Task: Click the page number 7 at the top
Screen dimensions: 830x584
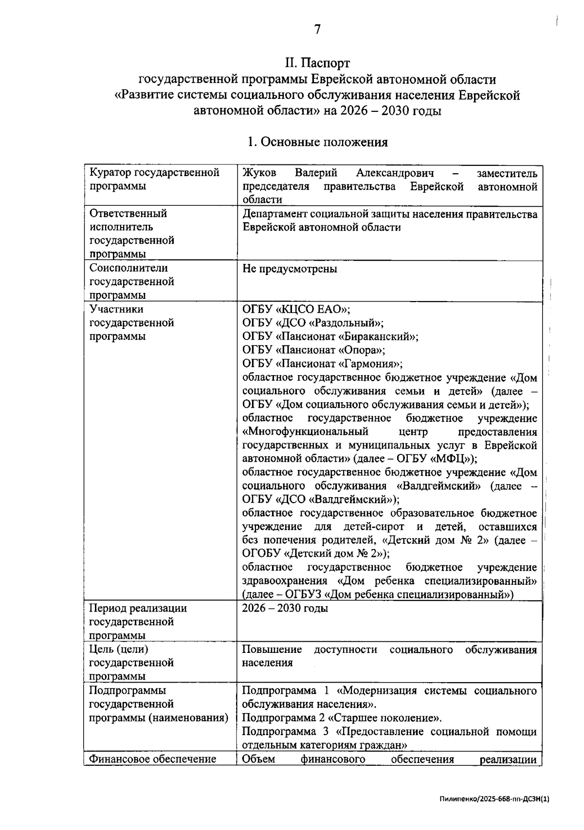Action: [x=317, y=30]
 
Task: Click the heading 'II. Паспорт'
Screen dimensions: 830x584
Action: [x=317, y=63]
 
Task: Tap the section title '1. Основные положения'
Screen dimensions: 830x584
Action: [x=317, y=142]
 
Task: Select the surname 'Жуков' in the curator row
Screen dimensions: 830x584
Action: [x=259, y=173]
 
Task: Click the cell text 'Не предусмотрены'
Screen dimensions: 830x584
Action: [x=290, y=269]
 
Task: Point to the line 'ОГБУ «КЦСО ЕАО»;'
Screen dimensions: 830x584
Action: [x=296, y=309]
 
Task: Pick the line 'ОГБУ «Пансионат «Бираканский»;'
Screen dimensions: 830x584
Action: [x=330, y=337]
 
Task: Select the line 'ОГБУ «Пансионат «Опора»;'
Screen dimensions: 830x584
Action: [x=314, y=350]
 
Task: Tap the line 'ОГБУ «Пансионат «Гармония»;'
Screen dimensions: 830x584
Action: [x=322, y=364]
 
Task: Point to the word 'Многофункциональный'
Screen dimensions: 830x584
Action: [x=305, y=432]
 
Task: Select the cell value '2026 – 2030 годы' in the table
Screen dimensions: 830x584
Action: [x=285, y=609]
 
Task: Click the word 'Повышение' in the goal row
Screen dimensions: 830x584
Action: [x=272, y=650]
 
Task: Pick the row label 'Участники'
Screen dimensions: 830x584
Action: [x=116, y=309]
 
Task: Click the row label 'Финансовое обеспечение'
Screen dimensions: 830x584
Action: [x=152, y=759]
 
